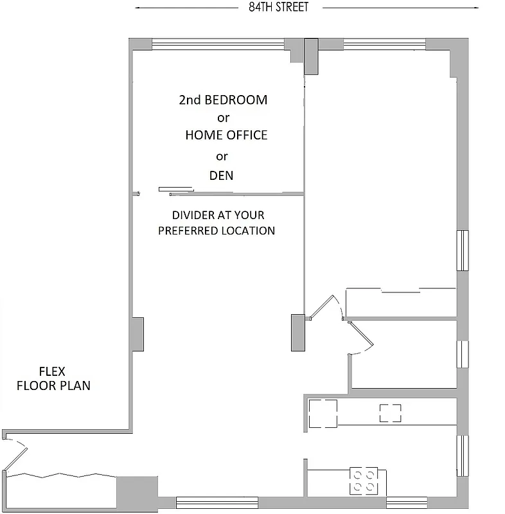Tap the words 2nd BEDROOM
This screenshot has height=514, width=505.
[x=223, y=100]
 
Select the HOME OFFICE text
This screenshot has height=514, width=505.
[x=226, y=136]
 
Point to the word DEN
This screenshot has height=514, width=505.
[x=221, y=175]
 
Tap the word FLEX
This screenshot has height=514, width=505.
[x=53, y=371]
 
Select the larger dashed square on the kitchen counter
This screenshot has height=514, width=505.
[x=323, y=413]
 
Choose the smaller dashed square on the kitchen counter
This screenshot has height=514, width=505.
[x=391, y=413]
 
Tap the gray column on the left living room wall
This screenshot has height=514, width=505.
[x=137, y=334]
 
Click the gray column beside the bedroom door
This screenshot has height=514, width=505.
[x=297, y=332]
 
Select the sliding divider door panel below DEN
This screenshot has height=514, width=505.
[x=176, y=190]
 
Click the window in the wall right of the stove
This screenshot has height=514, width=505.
[x=407, y=502]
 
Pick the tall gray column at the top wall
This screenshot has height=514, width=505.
[x=311, y=56]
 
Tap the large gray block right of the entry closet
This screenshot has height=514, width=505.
[x=136, y=493]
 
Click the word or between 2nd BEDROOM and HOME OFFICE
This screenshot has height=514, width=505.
[x=223, y=118]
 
